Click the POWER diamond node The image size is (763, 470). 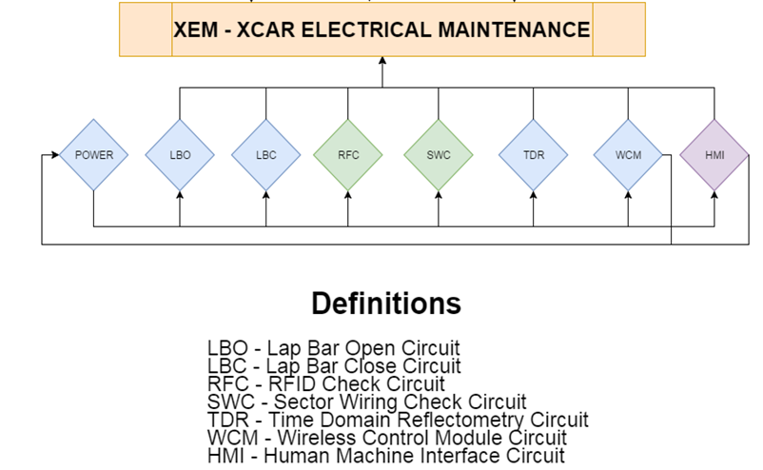point(93,154)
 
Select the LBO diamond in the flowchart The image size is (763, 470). point(180,154)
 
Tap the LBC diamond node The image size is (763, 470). point(266,154)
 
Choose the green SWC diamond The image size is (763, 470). point(439,154)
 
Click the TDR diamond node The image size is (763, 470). point(534,154)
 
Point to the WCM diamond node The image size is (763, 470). point(628,154)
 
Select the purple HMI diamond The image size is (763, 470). point(714,154)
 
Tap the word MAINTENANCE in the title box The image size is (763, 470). point(513,30)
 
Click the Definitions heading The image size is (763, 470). point(386,304)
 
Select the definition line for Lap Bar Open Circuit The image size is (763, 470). point(333,348)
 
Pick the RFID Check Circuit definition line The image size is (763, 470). point(325,384)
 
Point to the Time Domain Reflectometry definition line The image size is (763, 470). point(398,420)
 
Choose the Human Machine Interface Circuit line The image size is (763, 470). point(385,456)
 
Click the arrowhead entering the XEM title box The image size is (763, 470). point(382,61)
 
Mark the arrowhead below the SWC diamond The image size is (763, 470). point(439,196)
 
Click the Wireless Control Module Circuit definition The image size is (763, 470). point(386,438)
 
